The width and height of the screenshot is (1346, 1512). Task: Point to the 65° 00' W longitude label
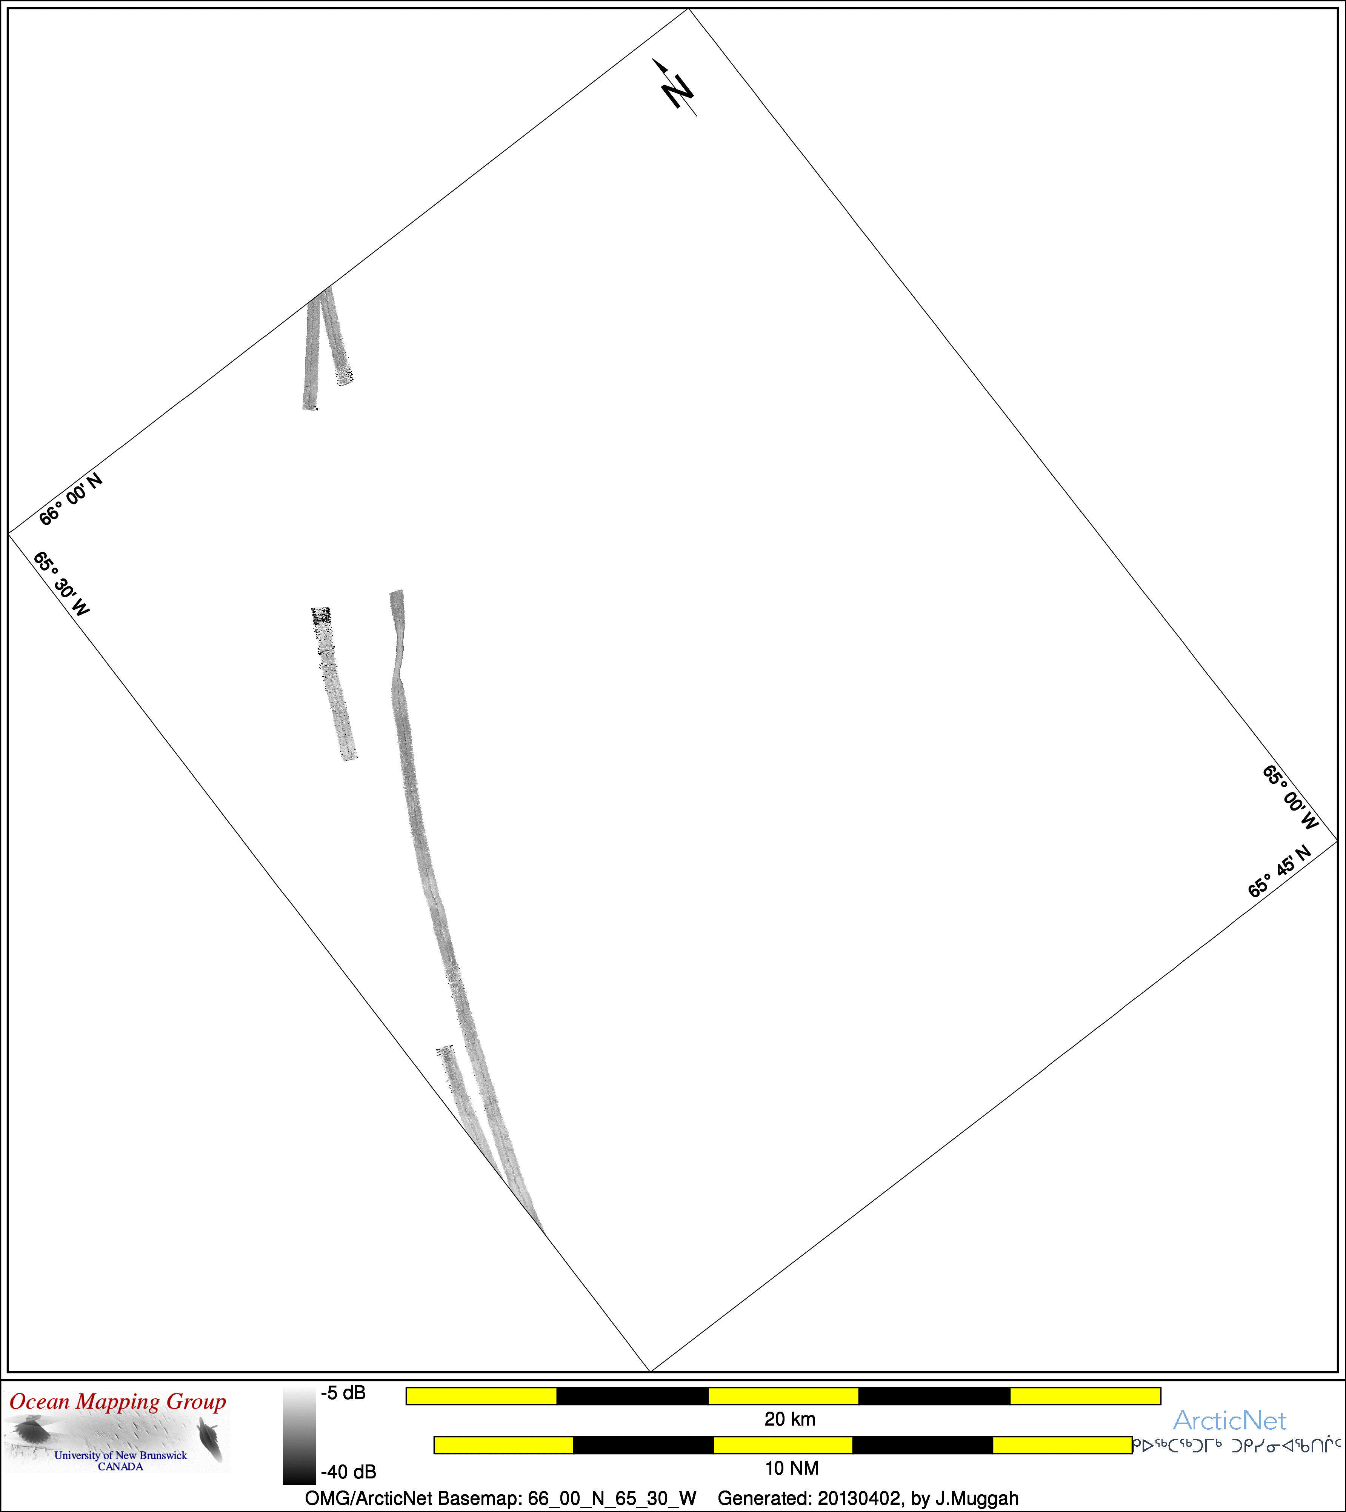[x=1290, y=797]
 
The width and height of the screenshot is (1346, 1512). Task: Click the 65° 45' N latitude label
[x=1280, y=871]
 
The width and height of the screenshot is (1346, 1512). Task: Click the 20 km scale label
[x=790, y=1419]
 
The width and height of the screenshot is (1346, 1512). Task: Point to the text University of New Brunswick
[x=120, y=1455]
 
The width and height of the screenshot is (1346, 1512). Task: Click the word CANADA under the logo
[x=120, y=1466]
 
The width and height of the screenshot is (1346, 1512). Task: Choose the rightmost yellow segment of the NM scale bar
[x=1062, y=1445]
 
